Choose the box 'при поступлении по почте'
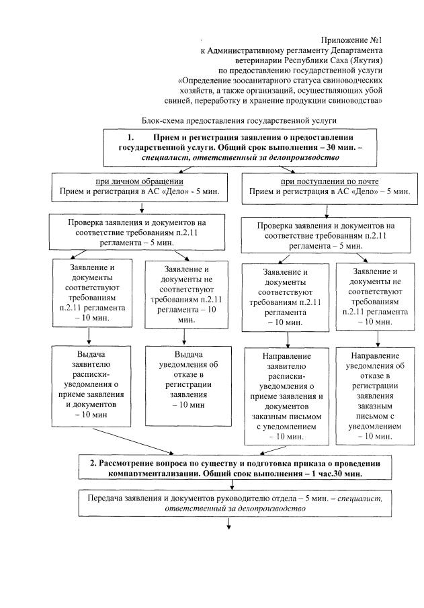pyautogui.click(x=329, y=186)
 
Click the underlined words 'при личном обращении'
pyautogui.click(x=139, y=181)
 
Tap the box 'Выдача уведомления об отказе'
pyautogui.click(x=184, y=380)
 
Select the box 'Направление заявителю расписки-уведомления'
pyautogui.click(x=287, y=396)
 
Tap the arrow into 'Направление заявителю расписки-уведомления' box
pyautogui.click(x=287, y=338)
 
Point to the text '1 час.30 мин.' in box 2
pyautogui.click(x=335, y=474)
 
